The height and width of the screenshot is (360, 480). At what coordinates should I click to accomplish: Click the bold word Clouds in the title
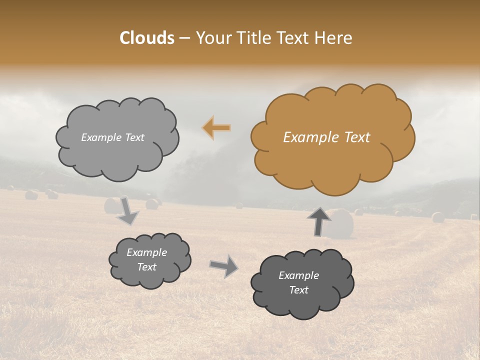pyautogui.click(x=147, y=38)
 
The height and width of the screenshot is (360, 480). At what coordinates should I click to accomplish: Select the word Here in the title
pyautogui.click(x=334, y=38)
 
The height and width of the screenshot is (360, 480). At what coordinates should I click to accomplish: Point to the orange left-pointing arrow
pyautogui.click(x=217, y=128)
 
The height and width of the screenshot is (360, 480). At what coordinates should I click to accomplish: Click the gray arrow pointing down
pyautogui.click(x=127, y=211)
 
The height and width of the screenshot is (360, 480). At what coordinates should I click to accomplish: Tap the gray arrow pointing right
pyautogui.click(x=224, y=266)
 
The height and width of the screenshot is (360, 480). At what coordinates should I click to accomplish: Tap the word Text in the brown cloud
pyautogui.click(x=356, y=137)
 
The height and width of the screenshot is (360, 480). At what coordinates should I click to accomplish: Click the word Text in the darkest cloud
pyautogui.click(x=298, y=290)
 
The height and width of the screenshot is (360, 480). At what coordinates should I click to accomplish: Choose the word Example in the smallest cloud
pyautogui.click(x=146, y=252)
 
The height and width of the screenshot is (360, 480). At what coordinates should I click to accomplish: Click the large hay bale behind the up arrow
pyautogui.click(x=342, y=224)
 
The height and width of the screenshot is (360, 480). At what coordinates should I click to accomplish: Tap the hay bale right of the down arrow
pyautogui.click(x=152, y=203)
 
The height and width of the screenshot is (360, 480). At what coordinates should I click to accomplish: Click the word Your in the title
pyautogui.click(x=210, y=38)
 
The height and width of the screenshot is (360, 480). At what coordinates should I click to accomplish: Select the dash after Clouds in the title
pyautogui.click(x=184, y=38)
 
